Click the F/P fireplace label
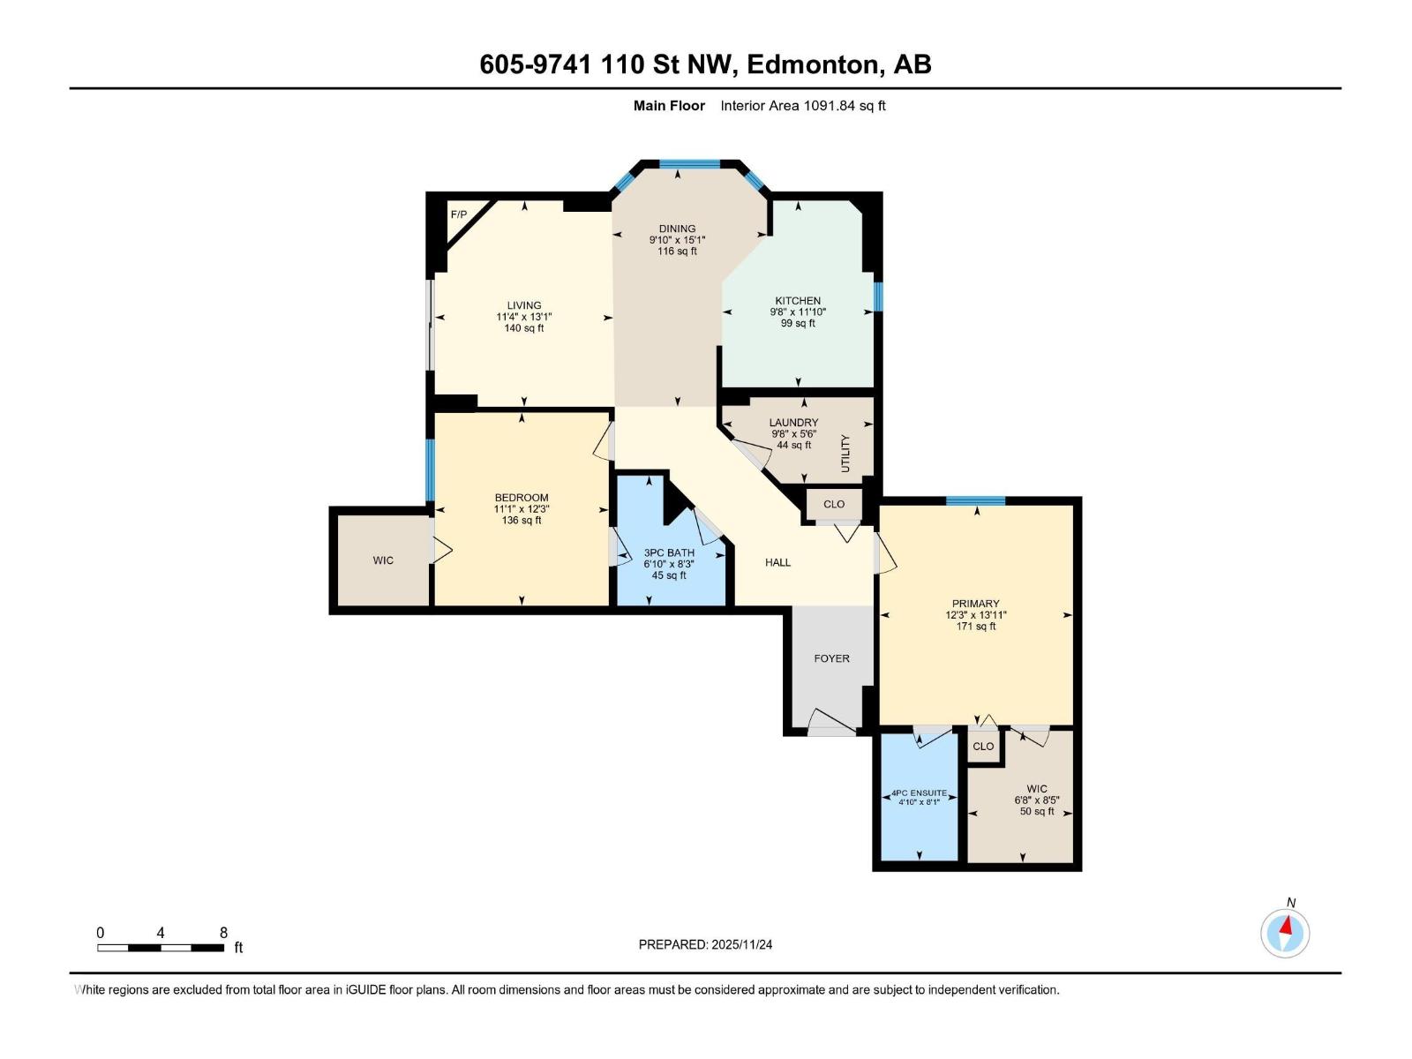pos(459,214)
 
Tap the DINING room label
pos(677,229)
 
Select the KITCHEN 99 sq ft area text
pos(798,324)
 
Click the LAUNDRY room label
pos(793,423)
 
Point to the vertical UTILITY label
pos(845,453)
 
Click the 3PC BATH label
pos(669,553)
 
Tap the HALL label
pos(777,562)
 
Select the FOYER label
pos(831,658)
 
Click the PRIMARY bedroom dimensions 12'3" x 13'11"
pos(975,615)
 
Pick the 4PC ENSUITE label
pos(920,792)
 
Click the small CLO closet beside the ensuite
pos(983,747)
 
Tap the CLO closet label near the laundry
pos(834,505)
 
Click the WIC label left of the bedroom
pos(383,560)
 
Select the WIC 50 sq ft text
pos(1037,812)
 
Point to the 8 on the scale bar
pos(223,933)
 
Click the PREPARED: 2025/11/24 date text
pos(705,944)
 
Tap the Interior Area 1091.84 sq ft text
pos(802,106)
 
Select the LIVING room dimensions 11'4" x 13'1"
pos(523,317)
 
